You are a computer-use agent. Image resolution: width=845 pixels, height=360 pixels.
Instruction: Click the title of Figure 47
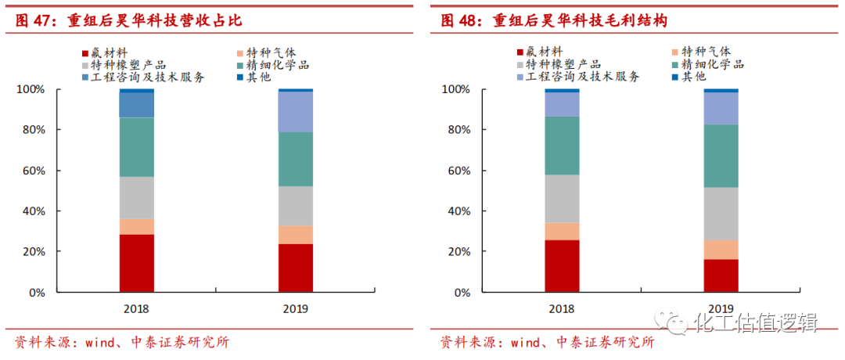pos(128,20)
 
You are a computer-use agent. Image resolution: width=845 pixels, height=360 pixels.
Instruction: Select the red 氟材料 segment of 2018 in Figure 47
pos(136,263)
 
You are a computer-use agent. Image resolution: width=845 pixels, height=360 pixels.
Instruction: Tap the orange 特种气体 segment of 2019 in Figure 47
pos(296,235)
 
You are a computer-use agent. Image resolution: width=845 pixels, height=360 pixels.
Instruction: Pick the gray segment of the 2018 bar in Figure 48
pos(562,199)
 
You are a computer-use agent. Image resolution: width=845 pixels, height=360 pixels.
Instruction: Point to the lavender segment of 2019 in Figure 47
pos(296,111)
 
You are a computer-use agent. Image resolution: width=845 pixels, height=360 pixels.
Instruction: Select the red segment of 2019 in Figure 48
pos(721,275)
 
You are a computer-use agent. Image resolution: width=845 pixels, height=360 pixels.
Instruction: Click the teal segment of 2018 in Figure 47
pos(136,147)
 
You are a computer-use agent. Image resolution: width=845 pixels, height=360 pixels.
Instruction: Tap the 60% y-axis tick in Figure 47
pos(31,171)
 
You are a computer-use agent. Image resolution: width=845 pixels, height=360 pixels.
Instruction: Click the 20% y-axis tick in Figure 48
pos(458,252)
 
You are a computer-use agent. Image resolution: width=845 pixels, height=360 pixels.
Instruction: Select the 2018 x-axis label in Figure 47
pos(136,308)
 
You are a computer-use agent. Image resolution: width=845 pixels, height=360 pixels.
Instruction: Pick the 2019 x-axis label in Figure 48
pos(721,308)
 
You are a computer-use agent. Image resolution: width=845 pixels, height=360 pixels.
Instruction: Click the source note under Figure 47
pos(117,342)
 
